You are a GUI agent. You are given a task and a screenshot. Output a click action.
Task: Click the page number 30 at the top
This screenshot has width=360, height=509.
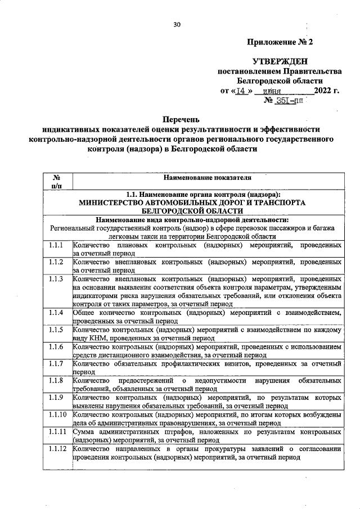click(177, 24)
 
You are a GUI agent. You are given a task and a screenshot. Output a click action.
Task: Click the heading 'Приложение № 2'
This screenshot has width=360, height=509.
click(279, 42)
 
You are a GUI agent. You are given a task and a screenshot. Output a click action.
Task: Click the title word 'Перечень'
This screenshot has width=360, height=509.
click(181, 119)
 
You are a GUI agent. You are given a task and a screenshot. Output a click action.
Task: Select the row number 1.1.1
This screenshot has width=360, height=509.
click(56, 246)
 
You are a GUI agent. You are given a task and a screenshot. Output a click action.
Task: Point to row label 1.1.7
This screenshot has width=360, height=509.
click(56, 364)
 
